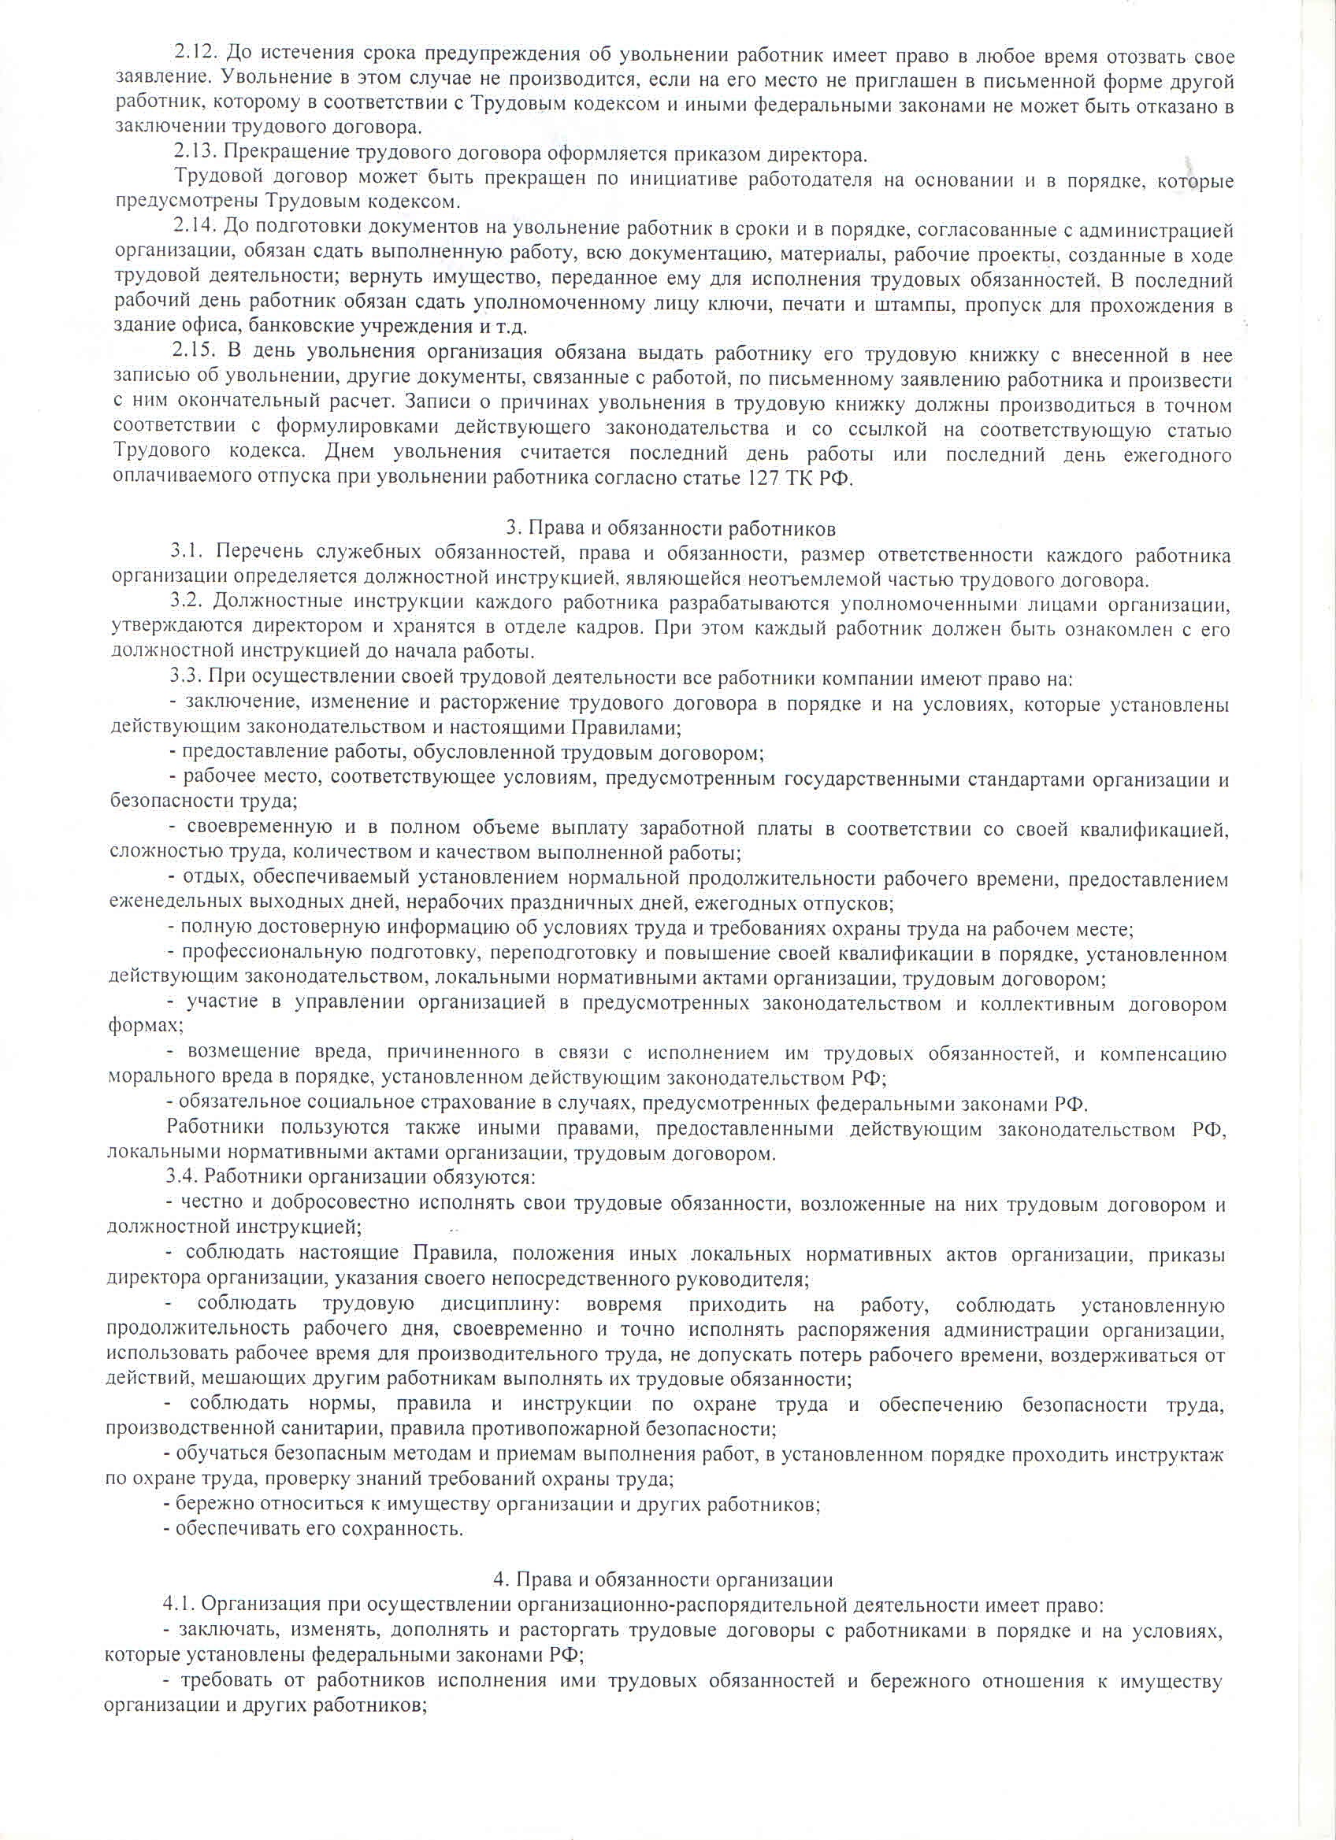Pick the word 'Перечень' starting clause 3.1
coord(260,554)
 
